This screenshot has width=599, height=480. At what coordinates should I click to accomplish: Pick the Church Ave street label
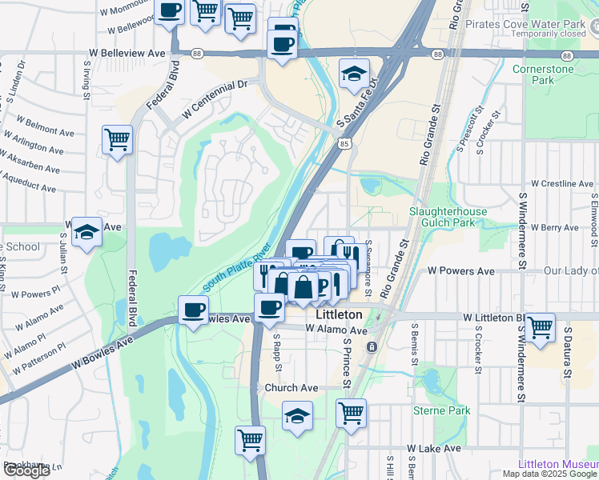pyautogui.click(x=291, y=388)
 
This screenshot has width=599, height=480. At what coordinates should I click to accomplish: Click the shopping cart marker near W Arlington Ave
pyautogui.click(x=118, y=140)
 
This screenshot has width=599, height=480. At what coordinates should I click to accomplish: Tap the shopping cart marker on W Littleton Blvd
pyautogui.click(x=541, y=326)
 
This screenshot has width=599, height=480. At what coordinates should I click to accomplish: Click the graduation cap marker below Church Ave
pyautogui.click(x=298, y=415)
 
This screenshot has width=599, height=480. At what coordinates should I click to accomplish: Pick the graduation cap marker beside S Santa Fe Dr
pyautogui.click(x=354, y=74)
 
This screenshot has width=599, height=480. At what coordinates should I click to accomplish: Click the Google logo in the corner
pyautogui.click(x=26, y=470)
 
